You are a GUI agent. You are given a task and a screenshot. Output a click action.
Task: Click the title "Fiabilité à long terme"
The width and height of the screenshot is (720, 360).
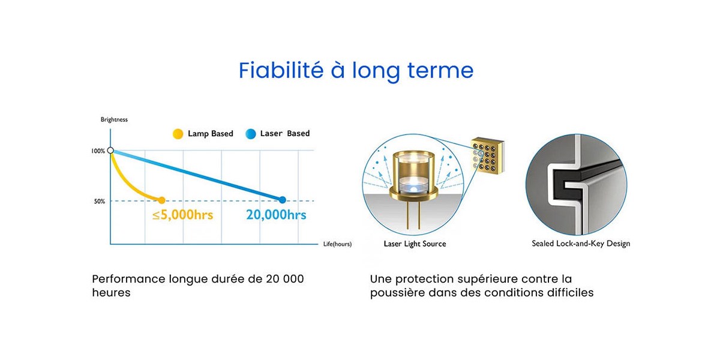point(356,71)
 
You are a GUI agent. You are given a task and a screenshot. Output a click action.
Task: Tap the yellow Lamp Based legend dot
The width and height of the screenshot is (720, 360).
point(178,134)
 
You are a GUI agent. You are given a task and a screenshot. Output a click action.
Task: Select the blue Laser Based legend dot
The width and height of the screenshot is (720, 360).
point(250,134)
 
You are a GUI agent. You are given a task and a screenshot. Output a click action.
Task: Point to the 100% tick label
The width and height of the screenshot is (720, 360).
point(98,151)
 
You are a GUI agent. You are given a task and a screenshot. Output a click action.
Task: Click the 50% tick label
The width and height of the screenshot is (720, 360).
point(100,201)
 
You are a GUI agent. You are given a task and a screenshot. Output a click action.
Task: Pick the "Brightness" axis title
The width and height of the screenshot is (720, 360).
point(114,119)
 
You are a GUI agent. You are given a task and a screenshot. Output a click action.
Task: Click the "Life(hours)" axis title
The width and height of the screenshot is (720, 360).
point(337,244)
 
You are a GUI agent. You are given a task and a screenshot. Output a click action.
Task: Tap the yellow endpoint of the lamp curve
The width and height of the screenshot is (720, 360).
point(161,200)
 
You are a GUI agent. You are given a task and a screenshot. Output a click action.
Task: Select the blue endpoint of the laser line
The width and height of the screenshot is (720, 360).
point(282,200)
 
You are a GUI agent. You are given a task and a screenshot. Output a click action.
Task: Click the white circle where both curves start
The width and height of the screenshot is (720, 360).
point(110,150)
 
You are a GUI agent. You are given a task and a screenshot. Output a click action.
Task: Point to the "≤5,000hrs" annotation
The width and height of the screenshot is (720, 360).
point(182,215)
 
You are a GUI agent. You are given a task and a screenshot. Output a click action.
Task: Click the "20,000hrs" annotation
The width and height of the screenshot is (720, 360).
point(276,215)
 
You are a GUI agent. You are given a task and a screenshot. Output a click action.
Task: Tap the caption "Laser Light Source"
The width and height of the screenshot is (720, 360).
point(415,244)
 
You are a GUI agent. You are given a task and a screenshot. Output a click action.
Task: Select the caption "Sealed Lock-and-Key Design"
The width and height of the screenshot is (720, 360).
point(581,244)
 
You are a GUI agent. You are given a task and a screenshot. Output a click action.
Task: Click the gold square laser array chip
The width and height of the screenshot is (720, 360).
point(487,156)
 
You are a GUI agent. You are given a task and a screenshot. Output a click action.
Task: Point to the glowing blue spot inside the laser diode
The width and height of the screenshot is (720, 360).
point(413,188)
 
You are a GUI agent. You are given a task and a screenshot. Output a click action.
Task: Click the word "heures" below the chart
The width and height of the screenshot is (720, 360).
point(111,293)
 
